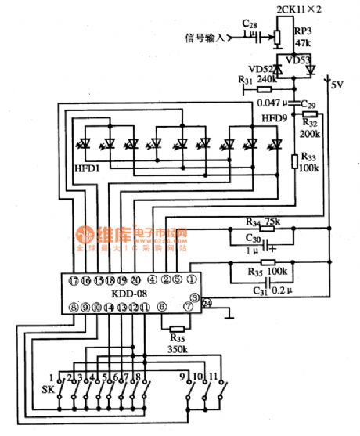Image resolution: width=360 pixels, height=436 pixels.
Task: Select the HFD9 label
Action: click(x=274, y=118)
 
